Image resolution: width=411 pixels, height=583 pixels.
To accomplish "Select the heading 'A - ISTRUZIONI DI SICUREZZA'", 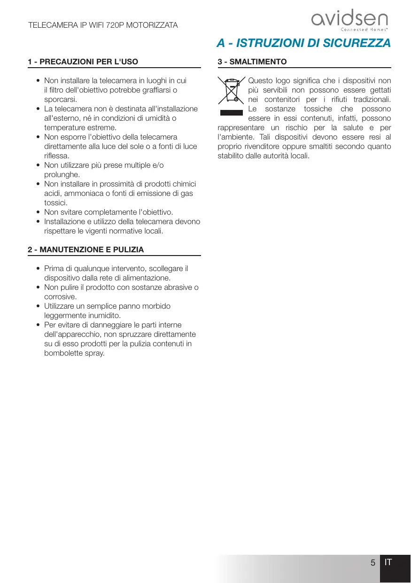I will pos(303,43).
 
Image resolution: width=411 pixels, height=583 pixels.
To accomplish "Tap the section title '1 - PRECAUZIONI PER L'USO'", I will pos(83,62).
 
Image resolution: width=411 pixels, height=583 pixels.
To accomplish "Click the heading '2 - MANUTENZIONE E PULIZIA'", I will pos(86,250).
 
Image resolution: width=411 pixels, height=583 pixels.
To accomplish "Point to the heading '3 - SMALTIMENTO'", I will pos(252,62).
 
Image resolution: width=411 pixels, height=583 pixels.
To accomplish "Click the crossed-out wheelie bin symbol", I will pos(232,91).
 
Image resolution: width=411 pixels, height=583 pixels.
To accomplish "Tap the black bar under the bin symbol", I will pos(232,113).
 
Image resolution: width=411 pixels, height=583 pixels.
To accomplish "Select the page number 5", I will pos(372,563).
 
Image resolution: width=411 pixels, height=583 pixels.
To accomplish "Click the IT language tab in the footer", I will pos(388,562).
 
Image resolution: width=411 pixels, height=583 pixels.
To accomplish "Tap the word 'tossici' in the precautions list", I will pos(55,203).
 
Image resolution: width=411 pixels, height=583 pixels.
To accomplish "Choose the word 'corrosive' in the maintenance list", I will pos(60,297).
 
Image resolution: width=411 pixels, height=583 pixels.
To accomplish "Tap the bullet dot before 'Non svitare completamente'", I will pos(38,212).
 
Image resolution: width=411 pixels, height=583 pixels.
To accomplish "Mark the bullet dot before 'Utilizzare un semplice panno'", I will pos(38,306).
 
